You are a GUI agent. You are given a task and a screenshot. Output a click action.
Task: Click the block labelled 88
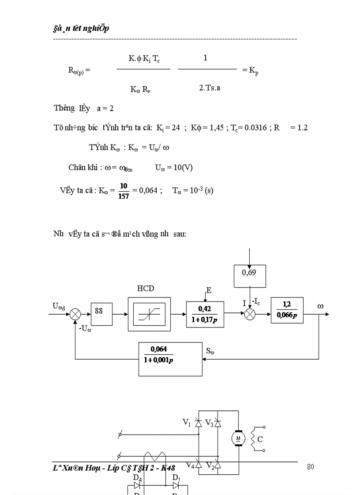(101, 314)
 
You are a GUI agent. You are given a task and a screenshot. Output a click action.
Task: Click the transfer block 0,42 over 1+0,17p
(205, 314)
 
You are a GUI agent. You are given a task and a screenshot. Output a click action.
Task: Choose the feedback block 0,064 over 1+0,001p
(170, 359)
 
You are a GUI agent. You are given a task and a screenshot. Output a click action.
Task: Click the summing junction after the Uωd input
(75, 314)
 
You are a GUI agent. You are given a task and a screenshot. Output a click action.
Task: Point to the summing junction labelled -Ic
(250, 314)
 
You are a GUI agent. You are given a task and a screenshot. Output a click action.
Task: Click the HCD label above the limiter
(146, 288)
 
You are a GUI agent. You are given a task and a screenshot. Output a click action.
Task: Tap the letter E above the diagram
(209, 290)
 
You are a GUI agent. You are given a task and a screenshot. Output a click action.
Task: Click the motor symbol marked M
(238, 438)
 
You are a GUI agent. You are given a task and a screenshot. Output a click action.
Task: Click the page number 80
(310, 467)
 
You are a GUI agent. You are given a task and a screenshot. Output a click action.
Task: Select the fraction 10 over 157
(124, 191)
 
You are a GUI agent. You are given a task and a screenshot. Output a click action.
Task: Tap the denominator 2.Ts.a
(210, 88)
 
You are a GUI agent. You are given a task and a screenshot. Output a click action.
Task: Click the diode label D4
(137, 477)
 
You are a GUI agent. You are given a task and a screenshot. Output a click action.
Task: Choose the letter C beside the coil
(260, 439)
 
